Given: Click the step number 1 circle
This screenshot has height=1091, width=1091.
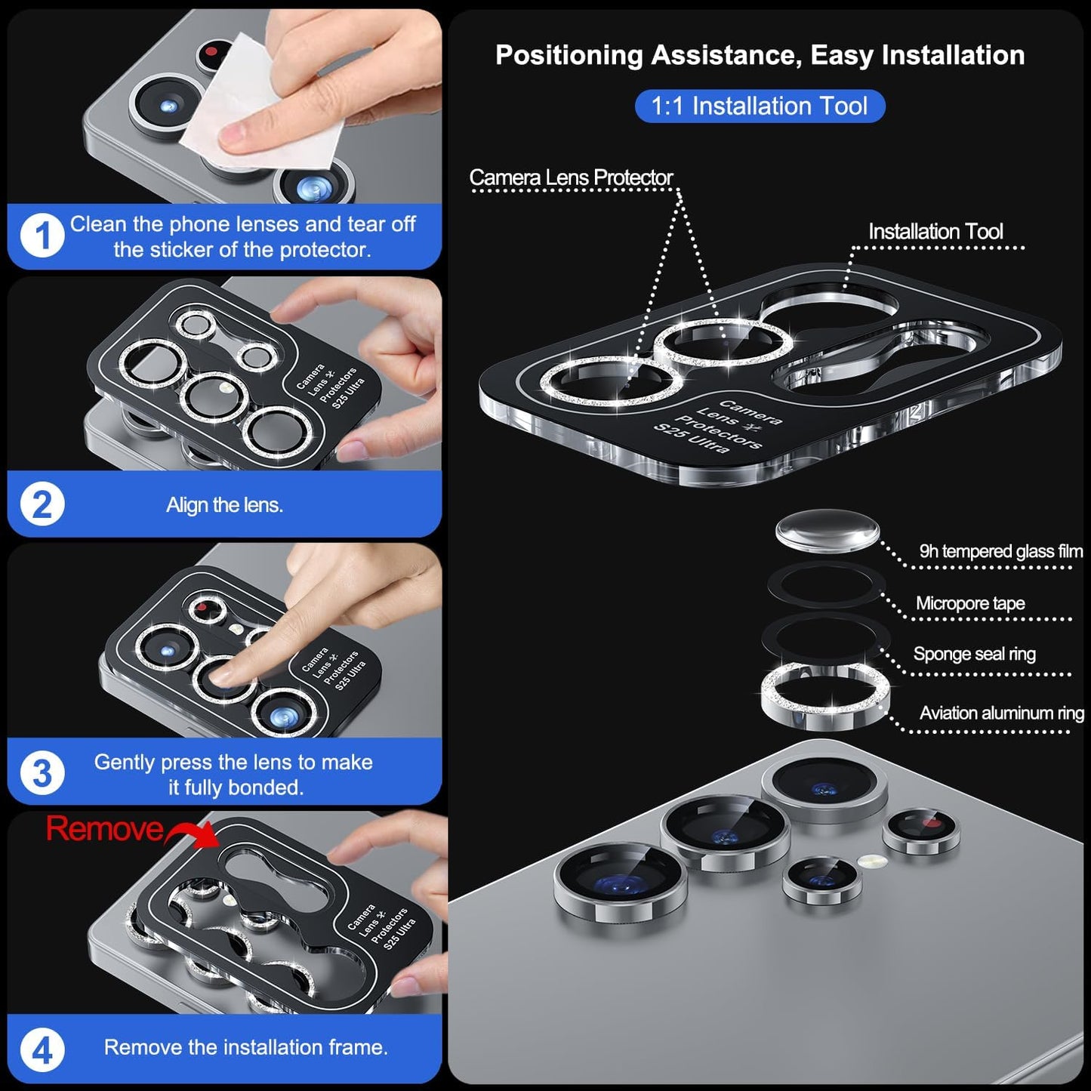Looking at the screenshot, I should pyautogui.click(x=42, y=236).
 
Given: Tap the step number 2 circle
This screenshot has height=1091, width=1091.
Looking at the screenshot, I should pyautogui.click(x=42, y=504).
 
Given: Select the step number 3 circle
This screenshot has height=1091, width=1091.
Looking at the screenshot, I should pyautogui.click(x=42, y=773).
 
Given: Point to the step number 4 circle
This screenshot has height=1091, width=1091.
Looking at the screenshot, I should pyautogui.click(x=42, y=1050).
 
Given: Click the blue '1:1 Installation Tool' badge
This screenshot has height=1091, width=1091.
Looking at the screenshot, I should pyautogui.click(x=759, y=106).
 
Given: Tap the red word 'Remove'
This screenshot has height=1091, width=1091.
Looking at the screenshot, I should pyautogui.click(x=104, y=829).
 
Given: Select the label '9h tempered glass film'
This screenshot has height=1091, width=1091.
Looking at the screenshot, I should pyautogui.click(x=1000, y=551).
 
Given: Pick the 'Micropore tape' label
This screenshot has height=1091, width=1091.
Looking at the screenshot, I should pyautogui.click(x=970, y=603).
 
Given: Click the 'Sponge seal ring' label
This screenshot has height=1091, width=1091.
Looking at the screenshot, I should pyautogui.click(x=974, y=654).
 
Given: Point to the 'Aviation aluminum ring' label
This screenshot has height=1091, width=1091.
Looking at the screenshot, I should pyautogui.click(x=1001, y=713).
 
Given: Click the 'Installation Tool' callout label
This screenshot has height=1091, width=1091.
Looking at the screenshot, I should pyautogui.click(x=935, y=232).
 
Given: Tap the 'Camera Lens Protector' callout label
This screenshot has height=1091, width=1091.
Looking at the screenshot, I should pyautogui.click(x=571, y=177).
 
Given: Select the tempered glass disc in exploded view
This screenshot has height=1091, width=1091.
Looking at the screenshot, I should pyautogui.click(x=827, y=531).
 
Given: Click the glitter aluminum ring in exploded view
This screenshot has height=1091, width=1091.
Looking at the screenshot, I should pyautogui.click(x=825, y=695).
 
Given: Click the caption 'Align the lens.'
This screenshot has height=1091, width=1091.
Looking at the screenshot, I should pyautogui.click(x=224, y=505).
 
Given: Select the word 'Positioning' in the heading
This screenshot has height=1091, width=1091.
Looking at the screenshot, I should pyautogui.click(x=569, y=55).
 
